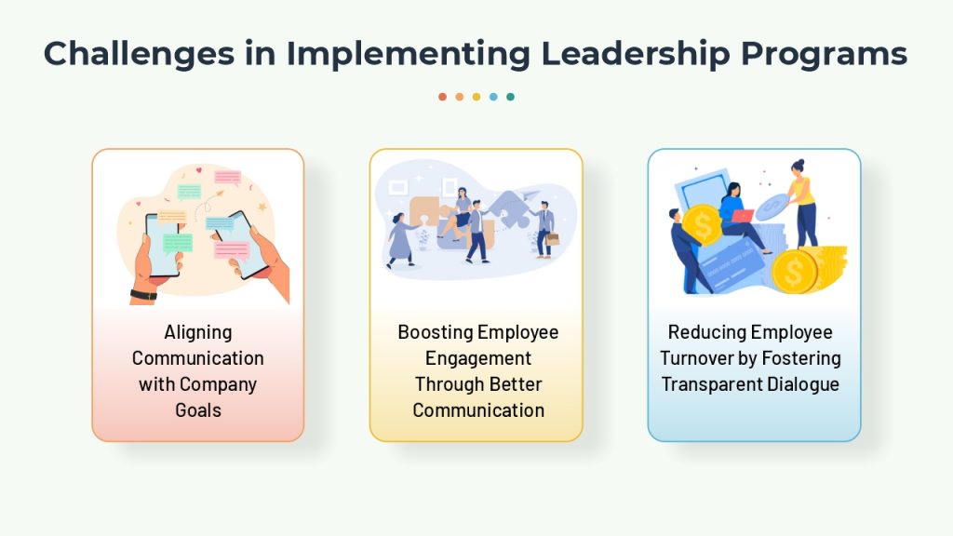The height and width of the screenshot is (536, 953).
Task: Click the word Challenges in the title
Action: pyautogui.click(x=140, y=53)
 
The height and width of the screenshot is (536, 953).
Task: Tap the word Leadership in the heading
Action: pyautogui.click(x=635, y=53)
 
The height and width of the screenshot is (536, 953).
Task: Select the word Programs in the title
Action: pyautogui.click(x=825, y=53)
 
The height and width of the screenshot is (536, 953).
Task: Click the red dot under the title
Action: pyautogui.click(x=442, y=97)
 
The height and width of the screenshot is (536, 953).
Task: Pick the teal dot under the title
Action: pyautogui.click(x=511, y=97)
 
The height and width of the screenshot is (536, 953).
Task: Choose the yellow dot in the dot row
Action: pyautogui.click(x=476, y=97)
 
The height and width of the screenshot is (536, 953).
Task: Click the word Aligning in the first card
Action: pyautogui.click(x=198, y=332)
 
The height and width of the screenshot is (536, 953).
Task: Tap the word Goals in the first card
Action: pyautogui.click(x=198, y=410)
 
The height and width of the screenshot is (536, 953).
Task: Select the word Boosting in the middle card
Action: pyautogui.click(x=436, y=332)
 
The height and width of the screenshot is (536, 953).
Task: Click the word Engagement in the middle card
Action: pyautogui.click(x=478, y=358)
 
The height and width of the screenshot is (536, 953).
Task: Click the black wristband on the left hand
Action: pyautogui.click(x=143, y=295)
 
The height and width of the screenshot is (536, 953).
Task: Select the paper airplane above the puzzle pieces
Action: pyautogui.click(x=530, y=195)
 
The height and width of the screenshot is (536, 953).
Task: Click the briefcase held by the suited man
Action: pyautogui.click(x=553, y=239)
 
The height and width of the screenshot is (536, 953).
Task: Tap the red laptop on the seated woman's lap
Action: pyautogui.click(x=742, y=216)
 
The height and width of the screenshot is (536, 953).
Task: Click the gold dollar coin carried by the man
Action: pyautogui.click(x=703, y=225)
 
